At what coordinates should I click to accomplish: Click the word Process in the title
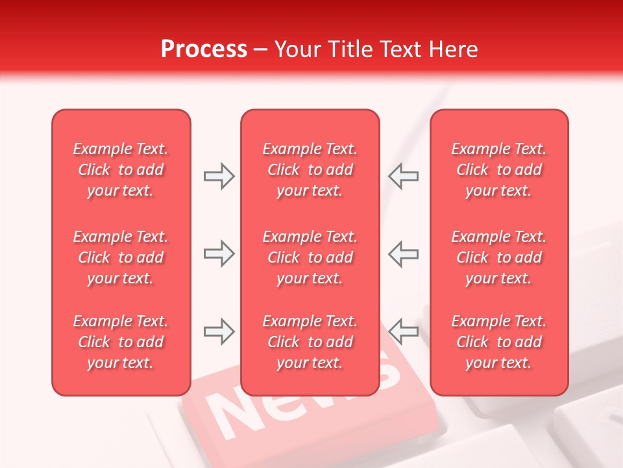click(204, 49)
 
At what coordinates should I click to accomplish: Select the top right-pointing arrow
click(219, 176)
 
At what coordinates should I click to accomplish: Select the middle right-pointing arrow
click(219, 253)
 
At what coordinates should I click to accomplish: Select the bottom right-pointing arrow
click(219, 331)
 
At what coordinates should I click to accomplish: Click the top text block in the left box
click(121, 170)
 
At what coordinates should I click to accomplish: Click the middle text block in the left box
click(121, 257)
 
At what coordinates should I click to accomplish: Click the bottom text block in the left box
click(121, 342)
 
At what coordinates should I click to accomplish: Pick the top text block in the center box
click(310, 170)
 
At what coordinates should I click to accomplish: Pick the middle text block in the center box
click(310, 257)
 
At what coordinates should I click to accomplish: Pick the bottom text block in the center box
click(310, 342)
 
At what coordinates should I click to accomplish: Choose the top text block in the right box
click(499, 170)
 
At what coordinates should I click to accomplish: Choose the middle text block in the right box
click(499, 257)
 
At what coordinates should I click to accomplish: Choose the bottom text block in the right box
click(499, 342)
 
